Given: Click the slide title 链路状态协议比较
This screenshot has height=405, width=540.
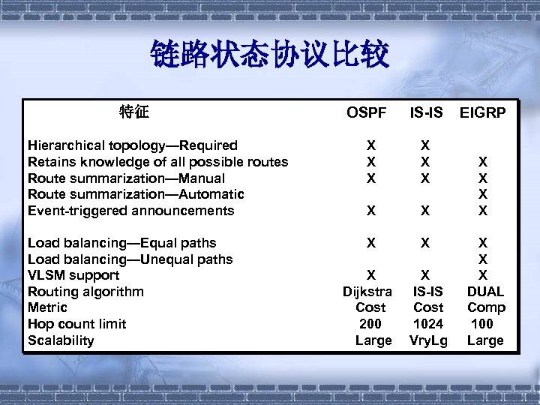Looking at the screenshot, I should [270, 55].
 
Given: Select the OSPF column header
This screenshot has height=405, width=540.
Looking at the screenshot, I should [367, 112].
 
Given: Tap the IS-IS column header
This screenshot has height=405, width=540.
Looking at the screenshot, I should [425, 112].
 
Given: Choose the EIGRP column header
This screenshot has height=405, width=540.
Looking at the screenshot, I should [483, 112].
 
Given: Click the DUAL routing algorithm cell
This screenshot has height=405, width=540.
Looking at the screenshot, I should [485, 291].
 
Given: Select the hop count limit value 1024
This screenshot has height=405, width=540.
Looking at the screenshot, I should [427, 324].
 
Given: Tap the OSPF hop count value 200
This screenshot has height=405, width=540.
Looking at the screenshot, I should [370, 324].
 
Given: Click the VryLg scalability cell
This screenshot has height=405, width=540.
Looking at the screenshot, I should [428, 340].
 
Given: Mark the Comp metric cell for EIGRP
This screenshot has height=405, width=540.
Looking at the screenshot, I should [486, 307].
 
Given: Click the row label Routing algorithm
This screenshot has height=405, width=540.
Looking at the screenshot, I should [85, 291].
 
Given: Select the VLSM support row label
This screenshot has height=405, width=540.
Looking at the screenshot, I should [73, 275].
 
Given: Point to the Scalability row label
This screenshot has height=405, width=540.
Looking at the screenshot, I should [61, 340].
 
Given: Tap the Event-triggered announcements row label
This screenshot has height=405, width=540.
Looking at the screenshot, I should [130, 211].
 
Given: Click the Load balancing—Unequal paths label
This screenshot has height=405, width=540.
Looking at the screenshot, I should [130, 259].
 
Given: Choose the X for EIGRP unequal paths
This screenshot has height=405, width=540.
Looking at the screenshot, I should [483, 259].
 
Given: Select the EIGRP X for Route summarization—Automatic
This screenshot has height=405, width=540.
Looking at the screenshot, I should [483, 194].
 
